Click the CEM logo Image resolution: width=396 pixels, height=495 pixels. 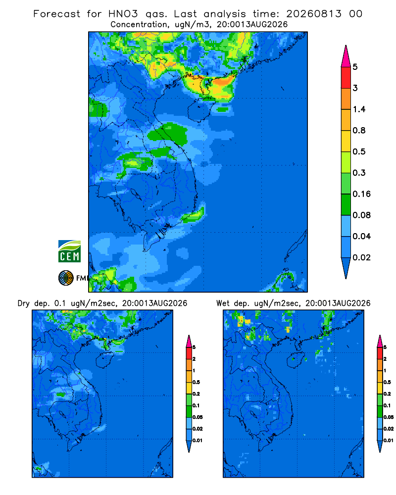[x=69, y=251]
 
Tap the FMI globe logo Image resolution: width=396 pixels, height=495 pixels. [x=66, y=278]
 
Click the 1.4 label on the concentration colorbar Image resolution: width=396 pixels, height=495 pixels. [x=359, y=109]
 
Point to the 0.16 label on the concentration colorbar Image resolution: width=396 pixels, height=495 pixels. [x=361, y=194]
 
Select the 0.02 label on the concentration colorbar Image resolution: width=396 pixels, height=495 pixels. [x=361, y=257]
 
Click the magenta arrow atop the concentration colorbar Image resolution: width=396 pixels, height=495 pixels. [x=346, y=56]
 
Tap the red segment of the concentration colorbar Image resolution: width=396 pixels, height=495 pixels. [x=346, y=78]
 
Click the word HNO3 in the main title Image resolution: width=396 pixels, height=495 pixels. [x=123, y=14]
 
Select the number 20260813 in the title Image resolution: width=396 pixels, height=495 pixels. [x=314, y=14]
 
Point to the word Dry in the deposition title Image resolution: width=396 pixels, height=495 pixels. [x=24, y=303]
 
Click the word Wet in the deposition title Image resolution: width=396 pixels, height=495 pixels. [x=223, y=303]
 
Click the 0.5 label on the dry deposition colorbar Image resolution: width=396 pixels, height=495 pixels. [x=196, y=382]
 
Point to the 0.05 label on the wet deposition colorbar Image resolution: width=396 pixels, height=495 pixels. [x=389, y=417]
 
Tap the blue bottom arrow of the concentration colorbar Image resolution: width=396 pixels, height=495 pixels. [x=346, y=268]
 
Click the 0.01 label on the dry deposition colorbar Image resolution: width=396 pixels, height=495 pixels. [x=198, y=441]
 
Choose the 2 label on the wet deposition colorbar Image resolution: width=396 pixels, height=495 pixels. [x=385, y=359]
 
